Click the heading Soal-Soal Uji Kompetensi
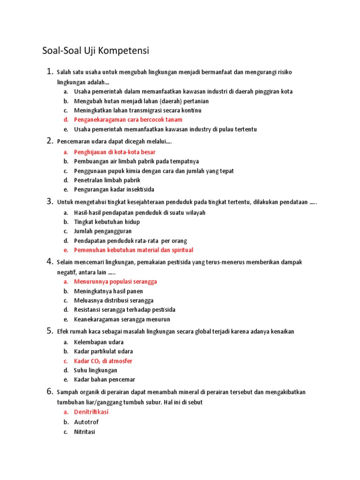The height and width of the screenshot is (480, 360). pyautogui.click(x=95, y=51)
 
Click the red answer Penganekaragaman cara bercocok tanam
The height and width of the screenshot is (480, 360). pyautogui.click(x=128, y=120)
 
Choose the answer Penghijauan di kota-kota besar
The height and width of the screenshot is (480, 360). pyautogui.click(x=115, y=152)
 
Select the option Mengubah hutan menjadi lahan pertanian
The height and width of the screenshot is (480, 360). pyautogui.click(x=141, y=101)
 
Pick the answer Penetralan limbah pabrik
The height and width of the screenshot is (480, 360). pyautogui.click(x=107, y=180)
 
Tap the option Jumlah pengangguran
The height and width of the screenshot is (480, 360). pyautogui.click(x=103, y=232)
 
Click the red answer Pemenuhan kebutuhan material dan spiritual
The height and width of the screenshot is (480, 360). pyautogui.click(x=134, y=250)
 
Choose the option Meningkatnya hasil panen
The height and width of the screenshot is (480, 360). pyautogui.click(x=108, y=291)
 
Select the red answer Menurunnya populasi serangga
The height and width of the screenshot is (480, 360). pyautogui.click(x=115, y=282)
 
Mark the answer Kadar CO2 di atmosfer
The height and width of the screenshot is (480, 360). pyautogui.click(x=103, y=361)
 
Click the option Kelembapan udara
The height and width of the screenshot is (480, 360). pyautogui.click(x=99, y=342)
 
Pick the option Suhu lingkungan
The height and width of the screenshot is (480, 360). pyautogui.click(x=96, y=370)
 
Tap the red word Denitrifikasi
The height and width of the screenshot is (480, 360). pyautogui.click(x=91, y=412)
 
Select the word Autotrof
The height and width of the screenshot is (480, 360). pyautogui.click(x=86, y=422)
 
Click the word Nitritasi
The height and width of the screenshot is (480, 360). pyautogui.click(x=84, y=432)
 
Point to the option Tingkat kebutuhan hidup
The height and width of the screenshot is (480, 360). pyautogui.click(x=107, y=222)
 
